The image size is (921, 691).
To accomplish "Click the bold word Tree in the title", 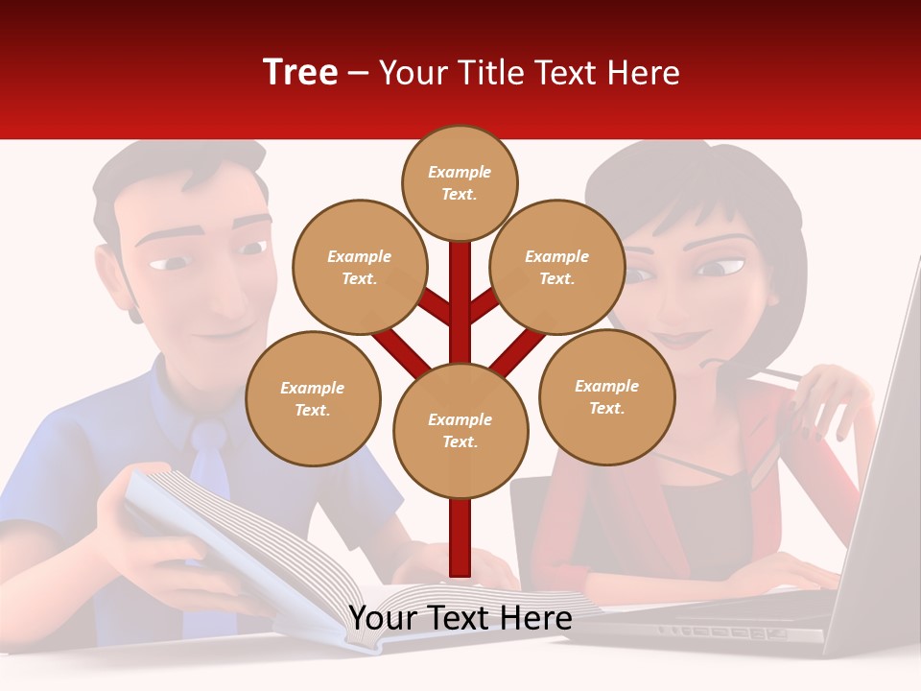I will pyautogui.click(x=300, y=73).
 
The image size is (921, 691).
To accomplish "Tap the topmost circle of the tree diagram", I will pyautogui.click(x=460, y=182).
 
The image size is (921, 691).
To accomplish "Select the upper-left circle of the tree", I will pyautogui.click(x=360, y=267).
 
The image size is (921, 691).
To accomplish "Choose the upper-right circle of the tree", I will pyautogui.click(x=557, y=267).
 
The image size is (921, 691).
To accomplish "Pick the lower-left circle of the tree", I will pyautogui.click(x=313, y=398).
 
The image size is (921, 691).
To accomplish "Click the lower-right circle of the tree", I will pyautogui.click(x=606, y=396).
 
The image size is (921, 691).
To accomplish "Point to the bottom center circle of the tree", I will pyautogui.click(x=460, y=430).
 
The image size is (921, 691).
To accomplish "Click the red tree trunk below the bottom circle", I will pyautogui.click(x=460, y=537).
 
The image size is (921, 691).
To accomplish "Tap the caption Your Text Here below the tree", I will pyautogui.click(x=460, y=619).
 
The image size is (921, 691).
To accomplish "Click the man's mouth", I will pyautogui.click(x=228, y=331).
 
